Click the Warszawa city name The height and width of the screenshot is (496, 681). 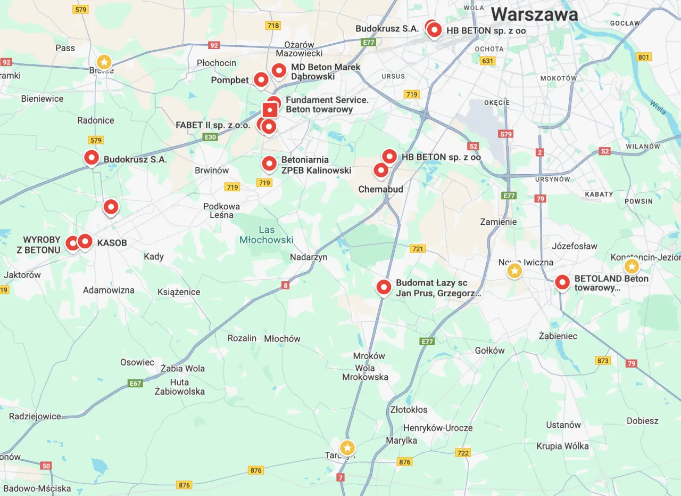tap(534, 14)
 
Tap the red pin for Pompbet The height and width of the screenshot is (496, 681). tap(261, 79)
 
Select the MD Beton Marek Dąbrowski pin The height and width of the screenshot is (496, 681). tap(279, 70)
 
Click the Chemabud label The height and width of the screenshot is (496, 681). tap(380, 189)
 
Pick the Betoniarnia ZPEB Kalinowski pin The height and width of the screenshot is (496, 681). tap(269, 164)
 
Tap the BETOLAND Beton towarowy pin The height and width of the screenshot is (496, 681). tap(562, 282)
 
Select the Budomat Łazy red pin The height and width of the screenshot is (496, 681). tap(384, 287)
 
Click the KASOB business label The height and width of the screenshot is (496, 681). tap(112, 243)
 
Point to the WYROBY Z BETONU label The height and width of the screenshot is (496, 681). tap(41, 245)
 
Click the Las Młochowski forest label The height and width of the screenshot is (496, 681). tap(266, 234)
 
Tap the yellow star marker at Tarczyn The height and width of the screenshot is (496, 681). tap(347, 448)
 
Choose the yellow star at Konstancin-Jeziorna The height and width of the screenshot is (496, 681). tap(632, 266)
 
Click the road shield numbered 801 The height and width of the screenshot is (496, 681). tap(643, 57)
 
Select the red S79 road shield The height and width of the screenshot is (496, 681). tap(505, 134)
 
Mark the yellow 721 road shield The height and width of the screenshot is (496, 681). tap(418, 249)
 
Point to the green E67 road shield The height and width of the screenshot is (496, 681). tap(135, 383)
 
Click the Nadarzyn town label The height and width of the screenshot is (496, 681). tap(309, 257)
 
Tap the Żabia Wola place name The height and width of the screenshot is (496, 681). tap(182, 368)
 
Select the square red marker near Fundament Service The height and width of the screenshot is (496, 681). tap(270, 110)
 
